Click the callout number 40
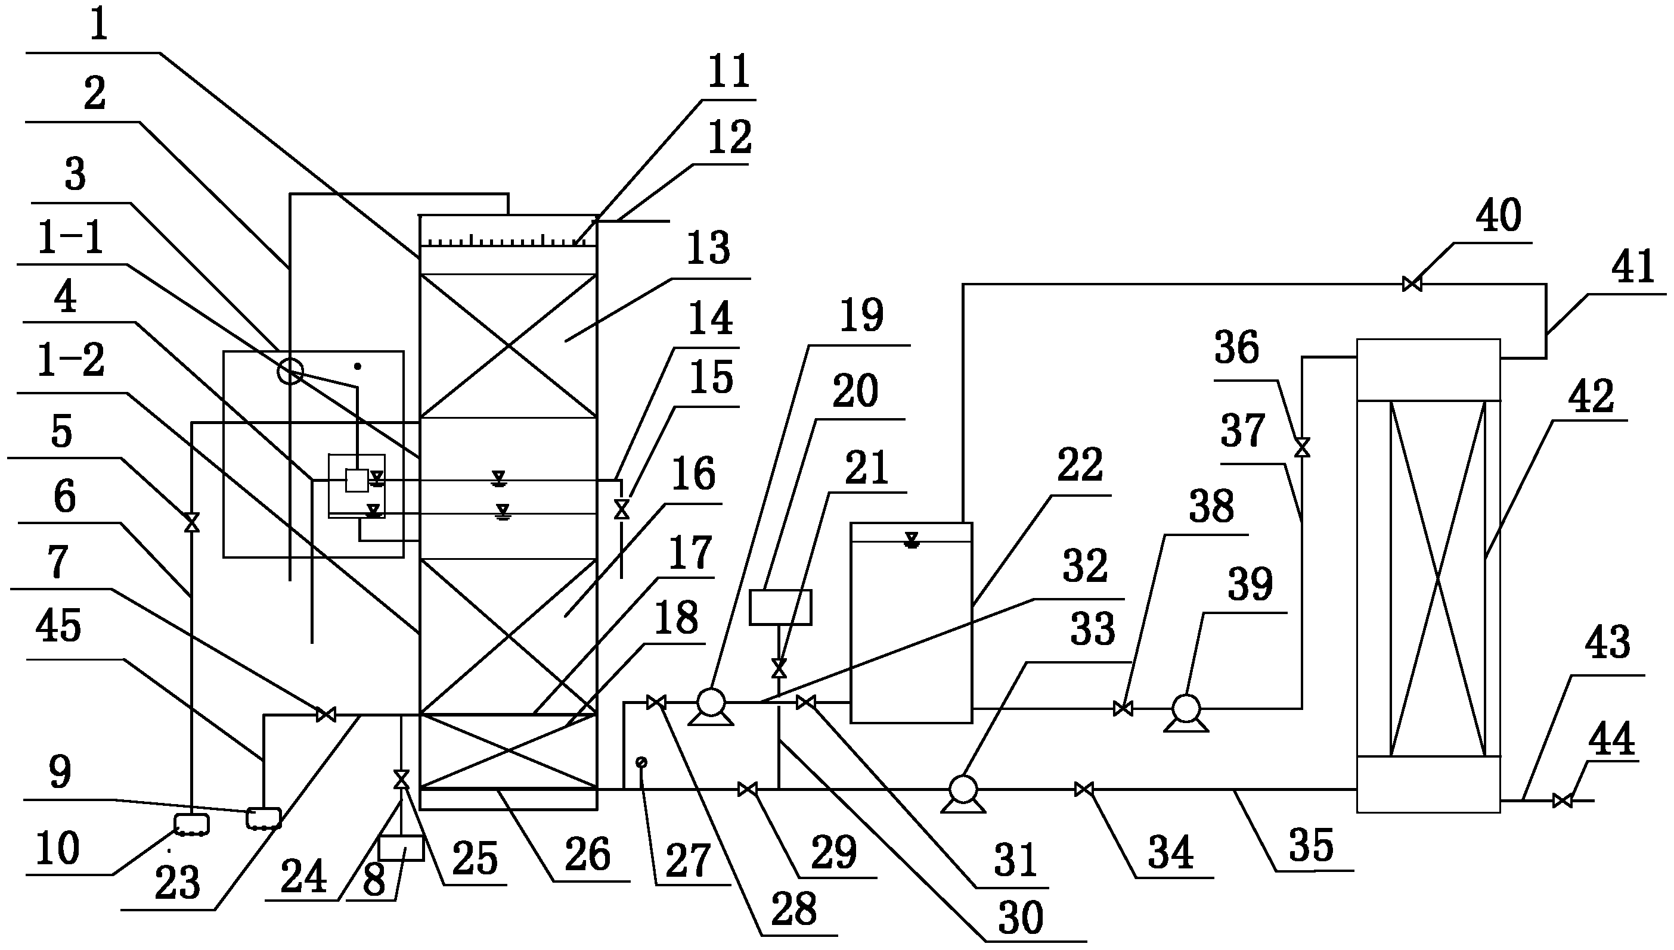(x=1498, y=216)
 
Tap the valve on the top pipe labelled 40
(x=1412, y=284)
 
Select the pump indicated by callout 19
(x=711, y=703)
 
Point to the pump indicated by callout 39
(x=1186, y=709)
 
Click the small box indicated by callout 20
(x=780, y=608)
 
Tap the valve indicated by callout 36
(x=1303, y=447)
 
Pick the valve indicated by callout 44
(x=1563, y=800)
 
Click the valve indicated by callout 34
(x=1084, y=790)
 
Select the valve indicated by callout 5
(x=192, y=522)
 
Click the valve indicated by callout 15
(x=622, y=509)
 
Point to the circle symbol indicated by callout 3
(x=290, y=372)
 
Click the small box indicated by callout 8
(x=401, y=849)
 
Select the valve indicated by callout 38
(x=1123, y=709)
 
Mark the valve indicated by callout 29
(x=748, y=790)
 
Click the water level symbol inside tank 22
(x=912, y=540)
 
